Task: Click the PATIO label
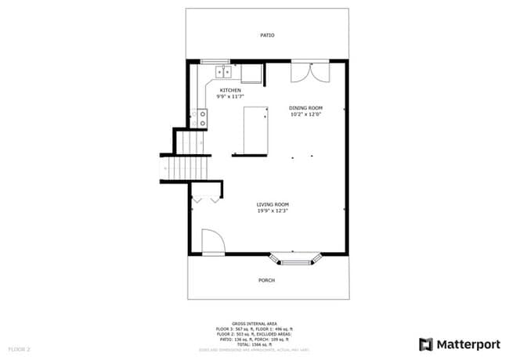[267, 35]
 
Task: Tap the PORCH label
[267, 279]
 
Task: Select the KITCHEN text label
[230, 90]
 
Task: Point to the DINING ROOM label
[305, 108]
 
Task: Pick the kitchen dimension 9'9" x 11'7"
[231, 96]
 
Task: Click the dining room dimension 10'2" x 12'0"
[305, 114]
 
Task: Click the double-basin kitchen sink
[224, 73]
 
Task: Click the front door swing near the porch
[212, 242]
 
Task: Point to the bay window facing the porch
[295, 257]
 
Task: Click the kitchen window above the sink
[214, 62]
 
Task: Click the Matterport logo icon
[426, 344]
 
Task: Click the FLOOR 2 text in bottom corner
[19, 348]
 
